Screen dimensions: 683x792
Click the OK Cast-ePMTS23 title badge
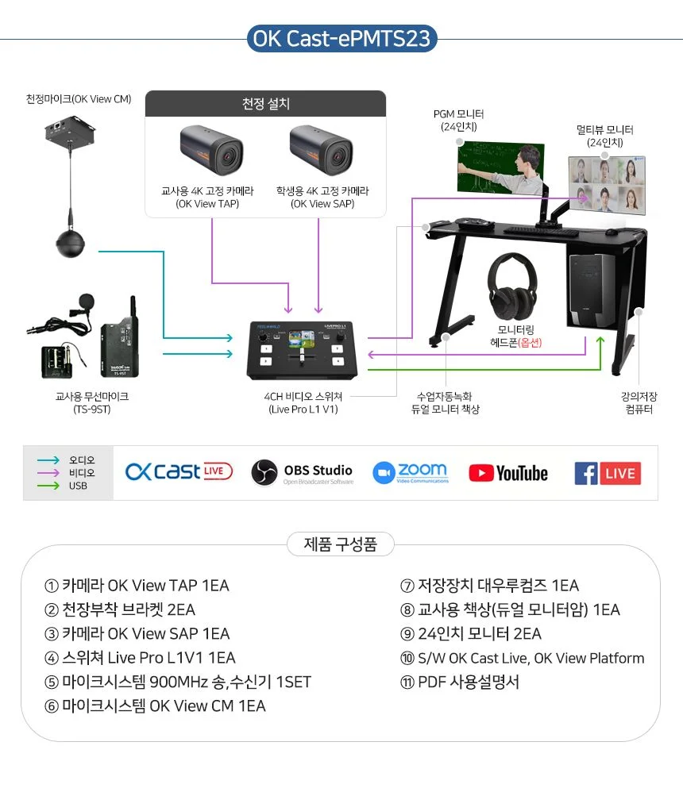pyautogui.click(x=341, y=38)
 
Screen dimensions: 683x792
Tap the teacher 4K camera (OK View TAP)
pyautogui.click(x=211, y=150)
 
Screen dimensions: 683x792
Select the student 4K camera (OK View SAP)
pyautogui.click(x=321, y=150)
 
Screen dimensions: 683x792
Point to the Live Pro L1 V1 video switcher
pyautogui.click(x=302, y=350)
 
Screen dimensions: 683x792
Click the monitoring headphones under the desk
pyautogui.click(x=511, y=286)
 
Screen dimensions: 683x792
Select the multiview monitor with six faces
pyautogui.click(x=607, y=186)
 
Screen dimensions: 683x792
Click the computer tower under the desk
pyautogui.click(x=591, y=290)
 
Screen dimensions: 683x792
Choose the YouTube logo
pyautogui.click(x=508, y=473)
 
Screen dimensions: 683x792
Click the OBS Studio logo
pyautogui.click(x=303, y=473)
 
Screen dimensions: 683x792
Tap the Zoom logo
pyautogui.click(x=411, y=473)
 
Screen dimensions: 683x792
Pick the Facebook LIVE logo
pyautogui.click(x=608, y=473)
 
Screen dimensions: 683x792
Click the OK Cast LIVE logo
pyautogui.click(x=179, y=471)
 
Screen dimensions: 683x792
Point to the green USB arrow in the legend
pyautogui.click(x=48, y=486)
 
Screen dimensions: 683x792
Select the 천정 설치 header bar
pyautogui.click(x=265, y=103)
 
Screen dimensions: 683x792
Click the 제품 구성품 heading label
pyautogui.click(x=340, y=544)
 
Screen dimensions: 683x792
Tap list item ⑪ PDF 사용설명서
pyautogui.click(x=460, y=682)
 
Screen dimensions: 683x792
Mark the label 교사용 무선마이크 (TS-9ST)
pyautogui.click(x=92, y=402)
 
